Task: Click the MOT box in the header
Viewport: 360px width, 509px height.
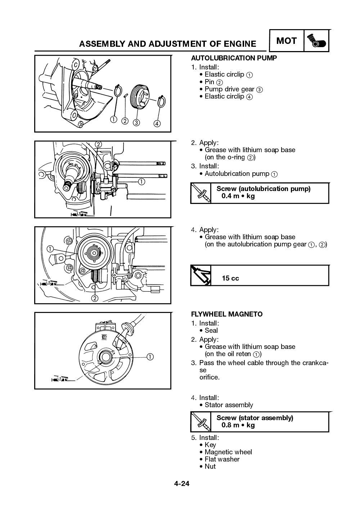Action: point(286,41)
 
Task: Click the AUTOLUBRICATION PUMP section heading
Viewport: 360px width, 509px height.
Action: point(234,58)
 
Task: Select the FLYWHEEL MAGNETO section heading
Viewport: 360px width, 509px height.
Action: point(226,314)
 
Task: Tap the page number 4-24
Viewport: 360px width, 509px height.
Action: point(181,483)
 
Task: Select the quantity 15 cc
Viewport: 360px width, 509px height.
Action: point(230,278)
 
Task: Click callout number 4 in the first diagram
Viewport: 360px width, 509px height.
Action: point(157,123)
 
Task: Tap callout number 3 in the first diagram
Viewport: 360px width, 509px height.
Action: point(136,122)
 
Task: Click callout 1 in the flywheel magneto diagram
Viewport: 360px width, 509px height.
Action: point(150,356)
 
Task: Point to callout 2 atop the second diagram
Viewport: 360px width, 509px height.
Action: point(98,145)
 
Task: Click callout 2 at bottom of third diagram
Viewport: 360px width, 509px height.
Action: point(95,298)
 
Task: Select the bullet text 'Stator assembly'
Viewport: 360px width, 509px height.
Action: point(229,405)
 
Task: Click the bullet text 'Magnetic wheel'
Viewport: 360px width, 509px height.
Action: point(228,452)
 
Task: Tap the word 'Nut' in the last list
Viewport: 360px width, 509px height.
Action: point(210,466)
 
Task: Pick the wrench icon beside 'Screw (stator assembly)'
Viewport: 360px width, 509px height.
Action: point(201,422)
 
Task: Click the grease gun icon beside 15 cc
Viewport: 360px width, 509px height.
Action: point(200,276)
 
